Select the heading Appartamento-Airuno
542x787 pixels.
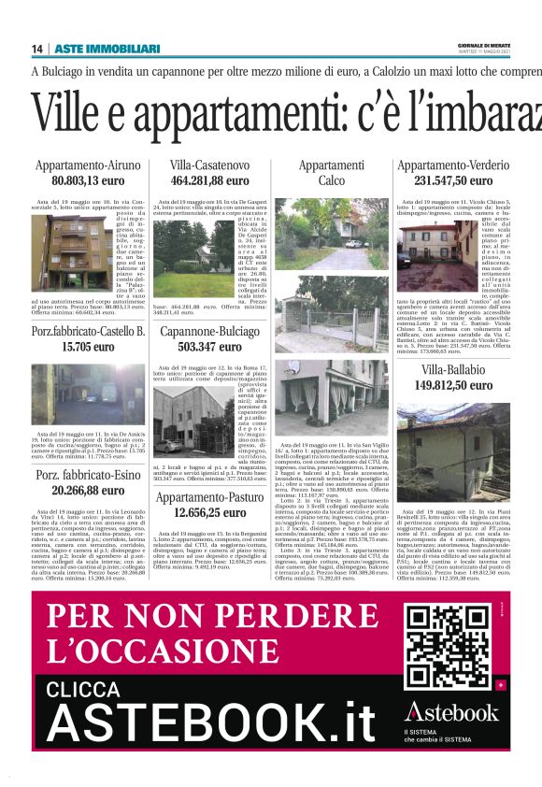(x=88, y=166)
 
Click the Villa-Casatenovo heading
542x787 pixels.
(x=209, y=166)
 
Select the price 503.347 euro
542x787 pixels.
(x=209, y=347)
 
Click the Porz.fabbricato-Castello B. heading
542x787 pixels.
(x=88, y=332)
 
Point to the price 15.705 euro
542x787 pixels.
(x=88, y=347)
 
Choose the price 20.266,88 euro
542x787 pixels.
(x=88, y=491)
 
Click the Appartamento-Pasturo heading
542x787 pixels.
(x=209, y=498)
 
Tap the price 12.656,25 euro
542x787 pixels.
(x=209, y=513)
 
